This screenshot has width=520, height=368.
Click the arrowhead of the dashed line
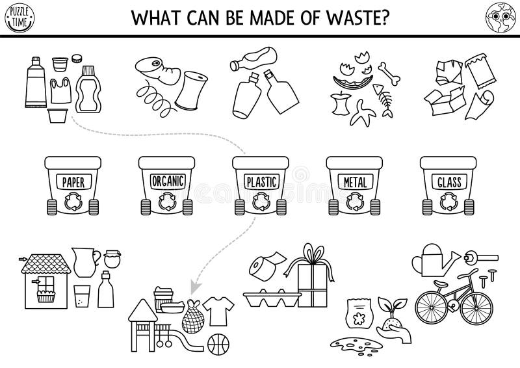(x=194, y=283)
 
